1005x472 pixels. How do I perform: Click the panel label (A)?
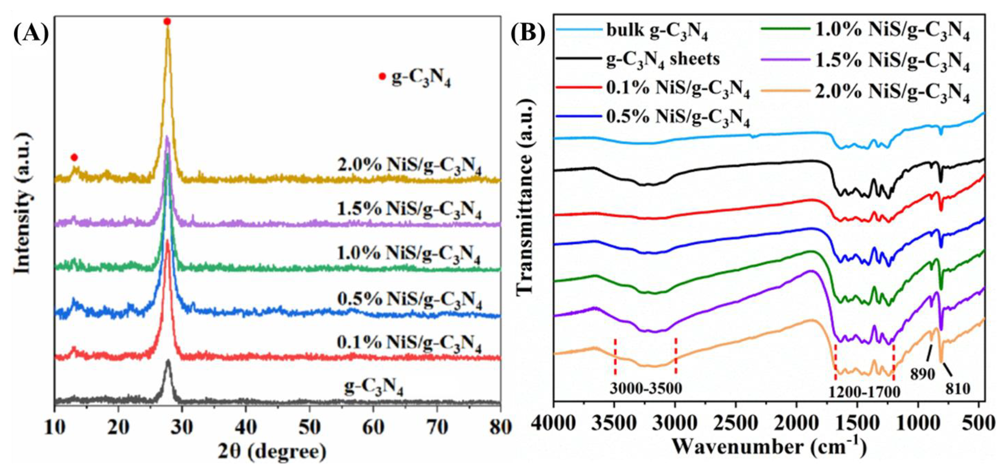(31, 34)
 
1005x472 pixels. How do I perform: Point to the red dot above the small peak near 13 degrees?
(74, 157)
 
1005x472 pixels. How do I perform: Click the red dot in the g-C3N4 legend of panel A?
(382, 76)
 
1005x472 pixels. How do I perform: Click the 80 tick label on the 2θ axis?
(500, 428)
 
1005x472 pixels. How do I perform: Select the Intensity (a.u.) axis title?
(22, 203)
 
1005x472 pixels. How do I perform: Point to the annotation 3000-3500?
(646, 389)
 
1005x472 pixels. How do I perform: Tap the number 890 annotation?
(923, 374)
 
